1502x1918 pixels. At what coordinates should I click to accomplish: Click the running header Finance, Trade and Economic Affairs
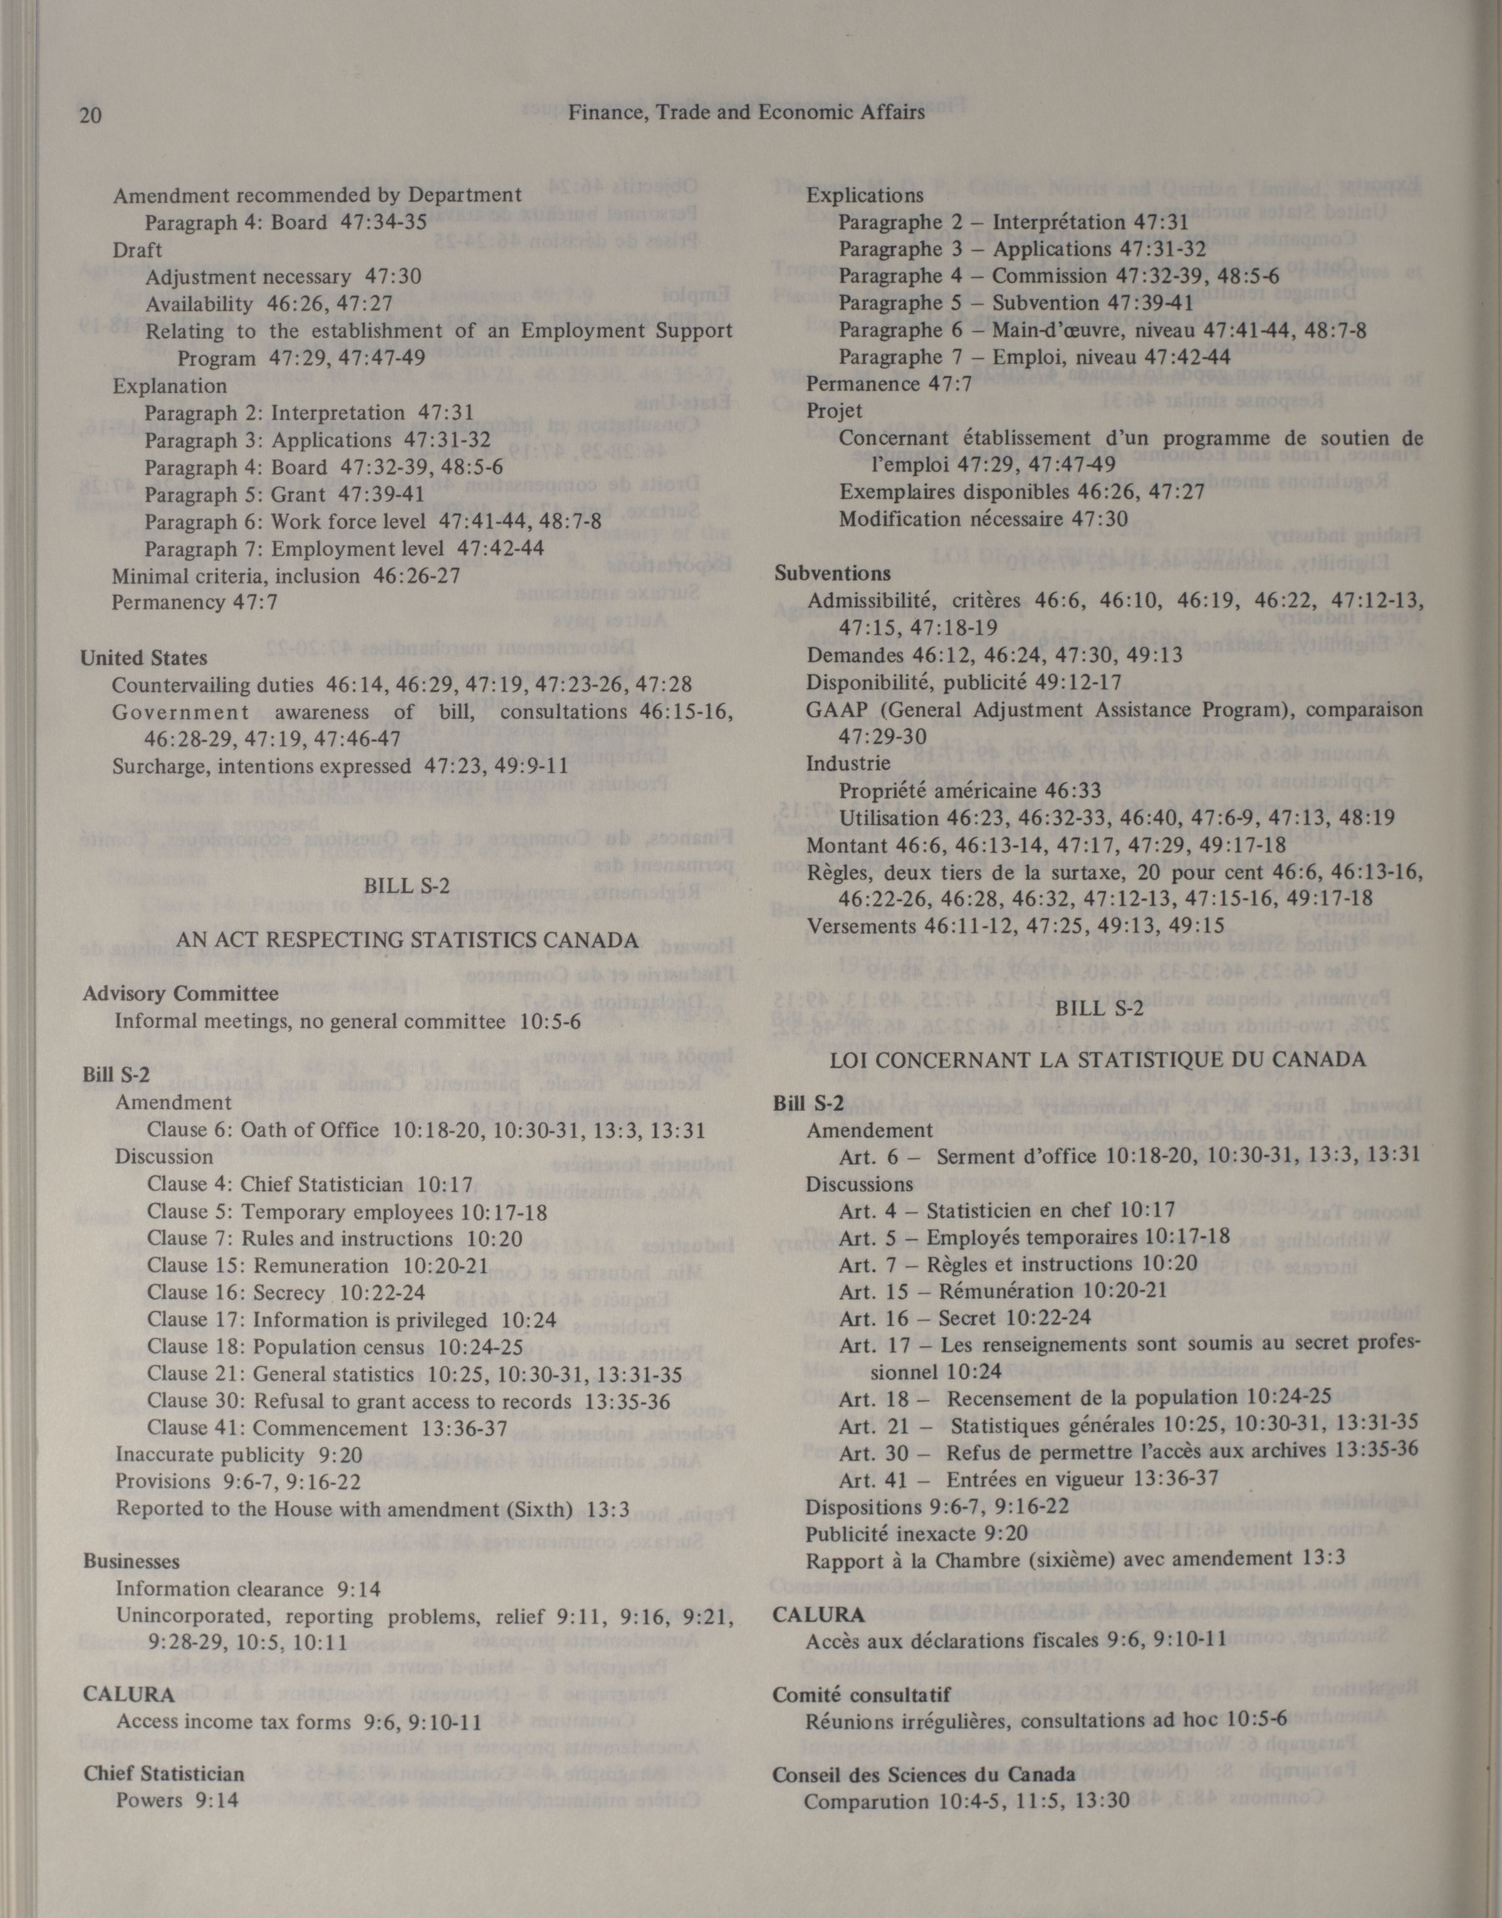746,113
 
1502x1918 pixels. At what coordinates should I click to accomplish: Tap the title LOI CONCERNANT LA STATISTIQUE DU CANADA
1097,1060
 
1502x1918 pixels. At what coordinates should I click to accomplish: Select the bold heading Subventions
832,573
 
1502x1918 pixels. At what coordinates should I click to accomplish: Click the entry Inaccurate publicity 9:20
239,1454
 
